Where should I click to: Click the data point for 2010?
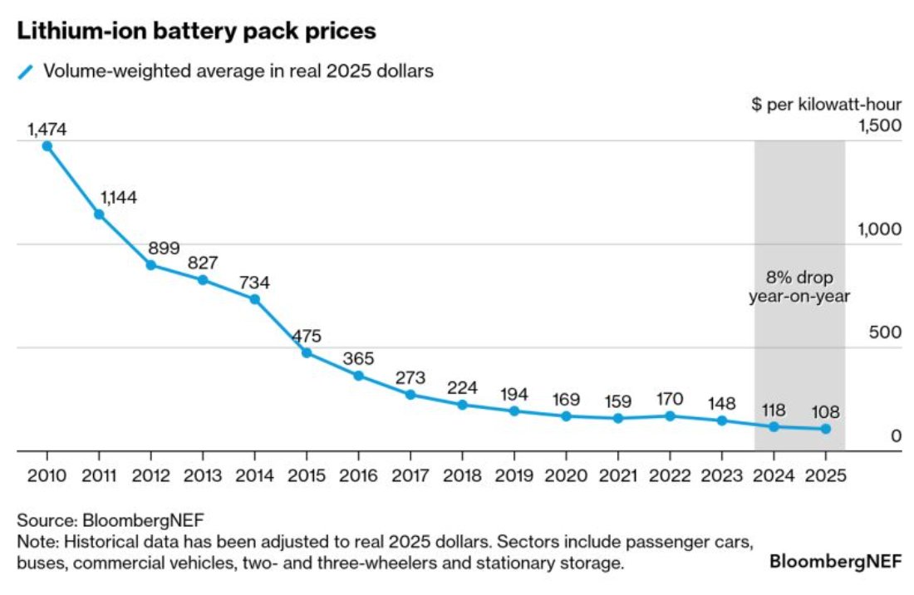(47, 145)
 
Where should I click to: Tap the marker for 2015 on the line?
(307, 352)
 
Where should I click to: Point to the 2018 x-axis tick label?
(462, 476)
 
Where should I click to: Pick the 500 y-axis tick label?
(885, 332)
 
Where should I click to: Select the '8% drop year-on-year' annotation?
(799, 286)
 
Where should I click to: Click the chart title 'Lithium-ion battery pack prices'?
(196, 32)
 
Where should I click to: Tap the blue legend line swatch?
(26, 71)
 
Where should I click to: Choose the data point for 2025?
(825, 429)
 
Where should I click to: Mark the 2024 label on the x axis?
(774, 476)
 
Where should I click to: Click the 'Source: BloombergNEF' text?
(111, 521)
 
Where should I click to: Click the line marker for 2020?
(566, 416)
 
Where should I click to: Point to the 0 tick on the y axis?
(896, 436)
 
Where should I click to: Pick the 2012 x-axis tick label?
(151, 476)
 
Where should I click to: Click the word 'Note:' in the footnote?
(36, 543)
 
